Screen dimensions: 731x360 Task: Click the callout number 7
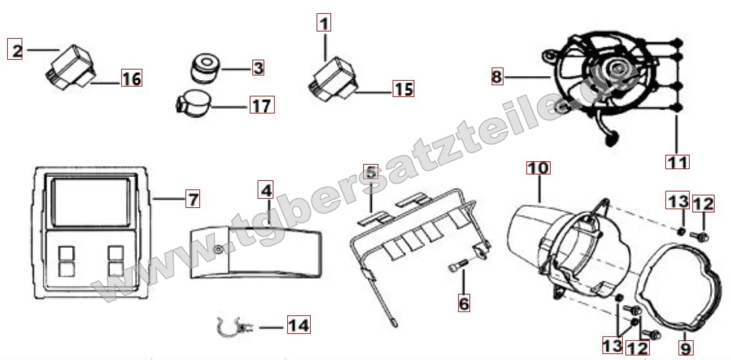192,199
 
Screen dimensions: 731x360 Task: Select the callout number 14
298,325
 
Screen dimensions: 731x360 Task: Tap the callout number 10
538,167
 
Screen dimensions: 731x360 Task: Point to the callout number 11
677,162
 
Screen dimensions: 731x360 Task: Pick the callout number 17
262,105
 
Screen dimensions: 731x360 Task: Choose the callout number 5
370,172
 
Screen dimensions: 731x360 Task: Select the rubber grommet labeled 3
205,68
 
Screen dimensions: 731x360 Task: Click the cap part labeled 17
192,102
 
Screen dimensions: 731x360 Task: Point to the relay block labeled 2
71,67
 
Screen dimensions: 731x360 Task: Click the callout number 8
498,76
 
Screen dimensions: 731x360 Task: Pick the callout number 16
131,78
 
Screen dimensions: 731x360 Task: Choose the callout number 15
403,88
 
